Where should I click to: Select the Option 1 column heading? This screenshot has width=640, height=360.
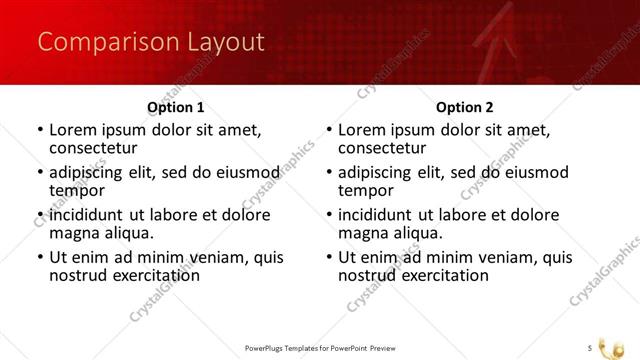pyautogui.click(x=175, y=107)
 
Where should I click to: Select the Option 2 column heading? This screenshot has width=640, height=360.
pyautogui.click(x=464, y=107)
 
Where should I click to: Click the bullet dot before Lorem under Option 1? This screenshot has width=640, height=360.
pyautogui.click(x=40, y=130)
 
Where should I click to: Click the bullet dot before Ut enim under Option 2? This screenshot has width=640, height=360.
pyautogui.click(x=329, y=258)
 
